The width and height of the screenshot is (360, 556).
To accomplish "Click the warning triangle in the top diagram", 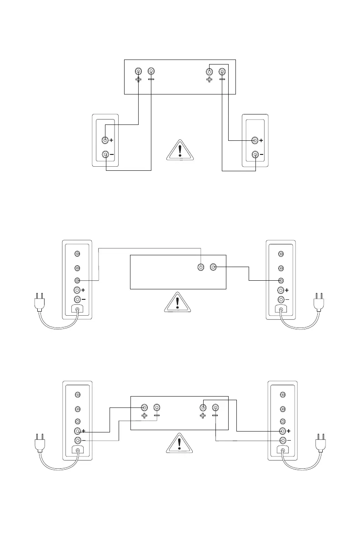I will pyautogui.click(x=180, y=150).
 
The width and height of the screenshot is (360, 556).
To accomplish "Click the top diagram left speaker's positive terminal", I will pyautogui.click(x=105, y=140).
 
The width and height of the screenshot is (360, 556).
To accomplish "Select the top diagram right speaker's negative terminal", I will pyautogui.click(x=255, y=154).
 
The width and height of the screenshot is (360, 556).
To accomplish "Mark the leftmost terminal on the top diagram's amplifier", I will pyautogui.click(x=139, y=72).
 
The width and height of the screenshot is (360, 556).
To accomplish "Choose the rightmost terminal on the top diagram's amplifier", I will pyautogui.click(x=222, y=72).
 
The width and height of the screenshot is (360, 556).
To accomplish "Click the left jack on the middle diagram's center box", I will pyautogui.click(x=201, y=267).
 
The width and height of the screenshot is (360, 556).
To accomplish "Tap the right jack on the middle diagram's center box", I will pyautogui.click(x=214, y=267).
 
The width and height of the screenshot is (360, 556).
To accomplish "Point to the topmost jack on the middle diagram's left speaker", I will pyautogui.click(x=77, y=253).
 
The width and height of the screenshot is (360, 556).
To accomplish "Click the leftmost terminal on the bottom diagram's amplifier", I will pyautogui.click(x=144, y=408).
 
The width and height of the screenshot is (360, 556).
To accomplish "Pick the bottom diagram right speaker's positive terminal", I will pyautogui.click(x=282, y=431).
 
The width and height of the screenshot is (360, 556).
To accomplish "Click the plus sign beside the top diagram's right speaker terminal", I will pyautogui.click(x=262, y=140).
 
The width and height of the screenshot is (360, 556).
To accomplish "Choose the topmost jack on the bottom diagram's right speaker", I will pyautogui.click(x=282, y=394).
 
